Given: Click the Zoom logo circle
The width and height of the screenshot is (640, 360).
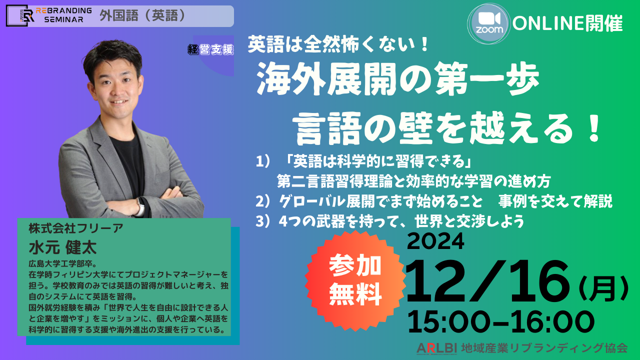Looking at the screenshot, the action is (489, 23).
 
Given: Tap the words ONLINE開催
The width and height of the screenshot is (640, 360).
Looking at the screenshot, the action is (567, 23).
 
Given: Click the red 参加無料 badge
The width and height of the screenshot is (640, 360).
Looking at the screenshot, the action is (355, 281).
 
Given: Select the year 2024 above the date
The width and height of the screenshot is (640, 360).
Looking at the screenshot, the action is (435, 241).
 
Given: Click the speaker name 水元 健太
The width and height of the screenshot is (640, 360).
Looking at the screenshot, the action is (62, 247).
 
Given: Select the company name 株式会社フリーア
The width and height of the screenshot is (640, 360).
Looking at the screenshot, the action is (75, 228).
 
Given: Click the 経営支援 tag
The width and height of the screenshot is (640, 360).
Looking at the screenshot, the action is (210, 50).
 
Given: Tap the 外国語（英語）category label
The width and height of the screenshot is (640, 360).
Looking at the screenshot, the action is (142, 15).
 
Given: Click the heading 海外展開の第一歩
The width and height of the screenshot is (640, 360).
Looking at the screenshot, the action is (397, 78).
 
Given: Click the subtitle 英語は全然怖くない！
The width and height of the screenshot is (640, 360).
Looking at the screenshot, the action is (339, 45).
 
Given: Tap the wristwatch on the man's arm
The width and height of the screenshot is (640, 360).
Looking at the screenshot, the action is (140, 207).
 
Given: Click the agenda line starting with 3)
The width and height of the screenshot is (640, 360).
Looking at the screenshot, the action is (390, 221).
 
